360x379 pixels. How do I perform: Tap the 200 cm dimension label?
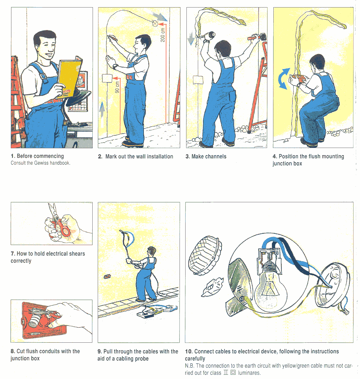[x=163, y=35]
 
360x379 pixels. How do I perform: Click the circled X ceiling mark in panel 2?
[x=155, y=23]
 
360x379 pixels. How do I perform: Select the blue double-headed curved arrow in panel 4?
[x=284, y=79]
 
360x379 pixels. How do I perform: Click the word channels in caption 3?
[x=216, y=156]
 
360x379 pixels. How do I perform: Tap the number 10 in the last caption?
[x=189, y=351]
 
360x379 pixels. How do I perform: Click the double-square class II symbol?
[x=233, y=373]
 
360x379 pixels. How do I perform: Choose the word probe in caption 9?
[x=141, y=359]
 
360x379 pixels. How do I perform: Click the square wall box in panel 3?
[x=198, y=80]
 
